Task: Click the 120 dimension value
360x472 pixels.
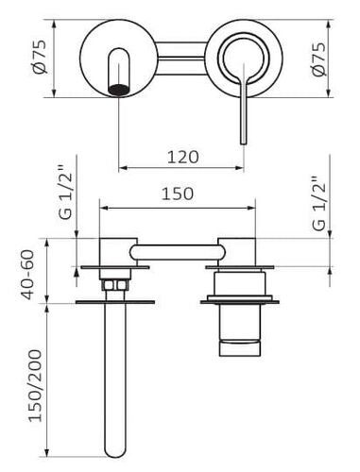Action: (182, 157)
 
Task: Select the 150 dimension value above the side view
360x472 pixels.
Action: (178, 194)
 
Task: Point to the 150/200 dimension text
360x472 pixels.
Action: (35, 385)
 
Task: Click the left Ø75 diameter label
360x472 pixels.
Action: (40, 57)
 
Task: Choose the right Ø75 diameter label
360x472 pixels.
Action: (318, 59)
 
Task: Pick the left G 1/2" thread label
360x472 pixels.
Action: (66, 195)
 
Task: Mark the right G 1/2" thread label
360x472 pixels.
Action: (318, 207)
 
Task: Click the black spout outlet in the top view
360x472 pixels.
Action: (119, 90)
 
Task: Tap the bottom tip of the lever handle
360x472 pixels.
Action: (243, 143)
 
